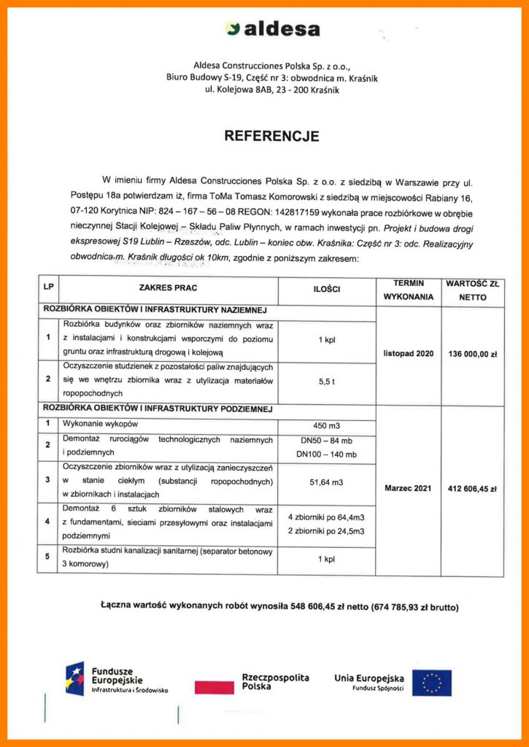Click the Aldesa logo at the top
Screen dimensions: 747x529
pos(273,29)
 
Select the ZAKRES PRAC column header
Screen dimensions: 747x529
pos(168,289)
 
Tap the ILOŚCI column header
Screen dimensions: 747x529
pos(327,289)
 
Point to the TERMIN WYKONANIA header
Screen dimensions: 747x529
pos(408,290)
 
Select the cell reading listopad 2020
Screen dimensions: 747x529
pos(408,354)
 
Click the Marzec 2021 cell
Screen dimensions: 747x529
pos(408,488)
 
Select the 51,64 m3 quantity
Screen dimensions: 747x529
pos(327,481)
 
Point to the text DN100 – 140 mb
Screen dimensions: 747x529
pos(328,454)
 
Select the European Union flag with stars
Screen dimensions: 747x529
pos(432,683)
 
